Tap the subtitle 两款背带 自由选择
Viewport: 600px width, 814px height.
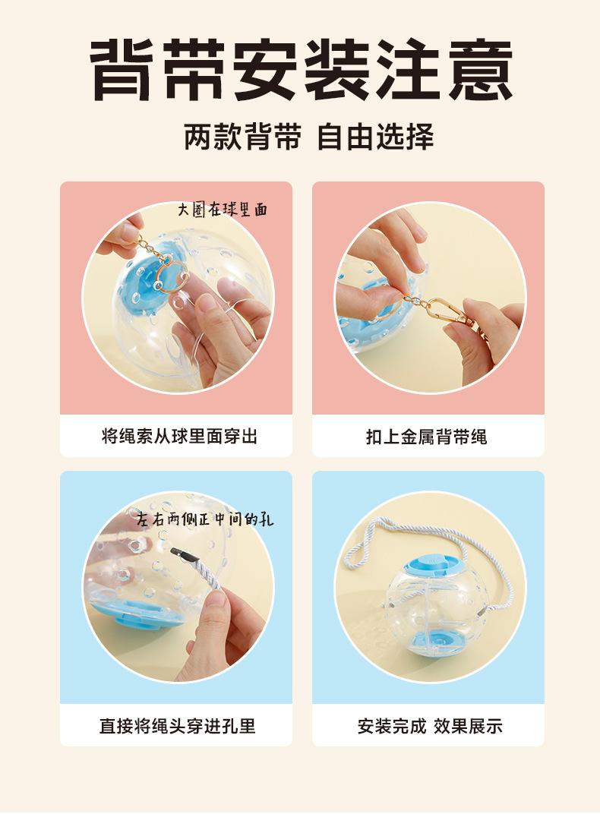tap(309, 137)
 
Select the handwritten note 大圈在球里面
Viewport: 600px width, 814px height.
tap(223, 210)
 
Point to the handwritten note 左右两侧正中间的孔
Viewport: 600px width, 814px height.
tap(206, 519)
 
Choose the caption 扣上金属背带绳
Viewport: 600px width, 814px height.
tap(427, 437)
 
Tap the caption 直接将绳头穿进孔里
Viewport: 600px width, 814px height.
tap(178, 725)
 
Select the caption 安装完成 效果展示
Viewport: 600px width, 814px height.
tap(430, 726)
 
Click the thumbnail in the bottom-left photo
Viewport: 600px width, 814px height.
tap(213, 604)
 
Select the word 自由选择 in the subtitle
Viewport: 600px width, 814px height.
tap(375, 137)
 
